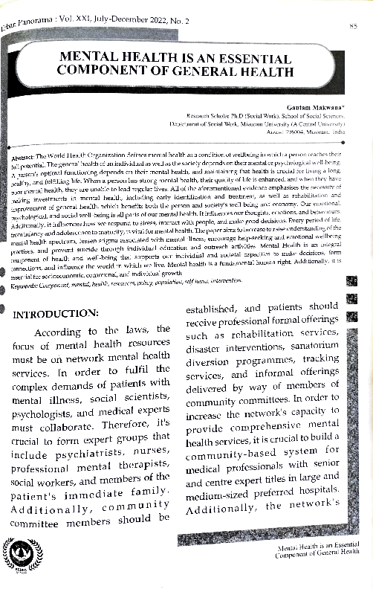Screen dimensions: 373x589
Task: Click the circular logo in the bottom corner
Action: pyautogui.click(x=22, y=556)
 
